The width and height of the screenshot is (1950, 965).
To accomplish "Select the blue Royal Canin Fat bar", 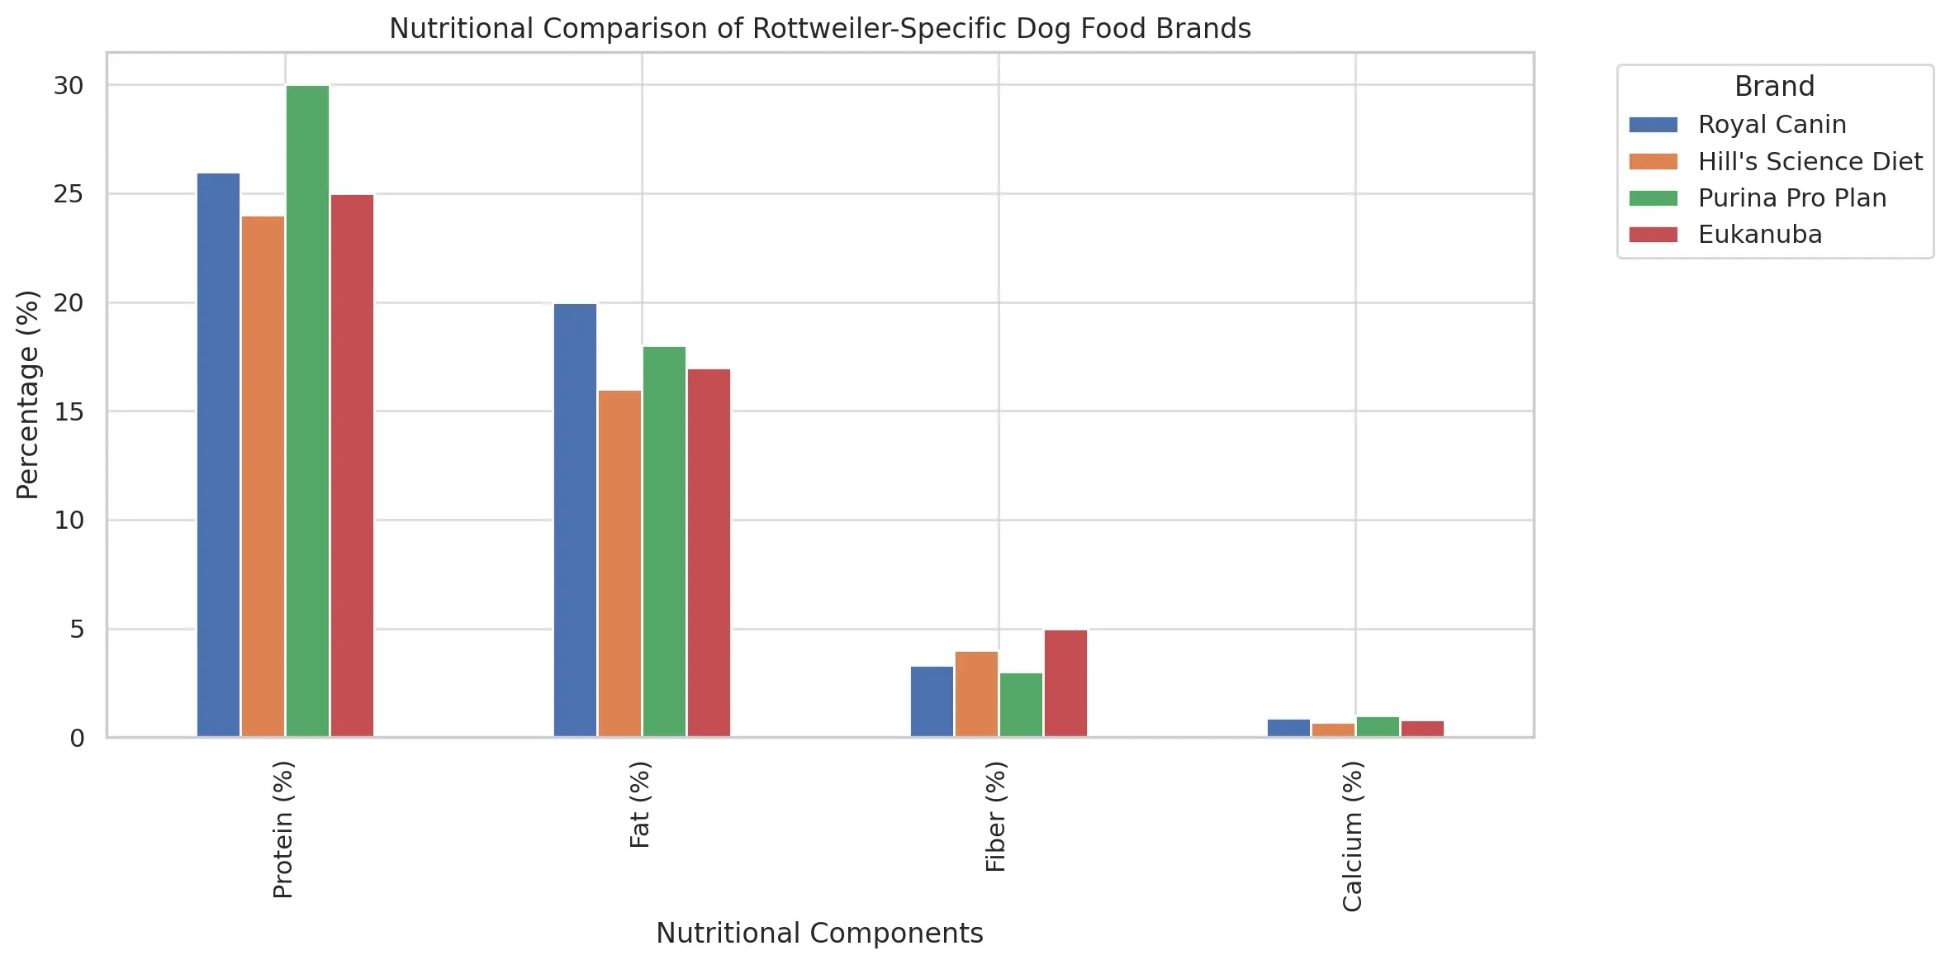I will coord(575,520).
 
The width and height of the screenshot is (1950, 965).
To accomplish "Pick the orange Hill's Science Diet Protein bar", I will coord(263,476).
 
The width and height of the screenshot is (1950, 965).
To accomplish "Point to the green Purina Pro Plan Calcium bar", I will coord(1378,726).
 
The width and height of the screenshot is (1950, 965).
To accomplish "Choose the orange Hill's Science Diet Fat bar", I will coord(619,563).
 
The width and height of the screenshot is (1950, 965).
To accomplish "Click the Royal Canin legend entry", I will coord(1772,125).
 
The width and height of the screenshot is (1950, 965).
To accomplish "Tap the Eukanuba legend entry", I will coord(1759,235).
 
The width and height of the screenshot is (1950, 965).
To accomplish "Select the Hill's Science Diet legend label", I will coord(1810,162).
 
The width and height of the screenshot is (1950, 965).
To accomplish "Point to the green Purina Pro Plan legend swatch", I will coord(1653,198).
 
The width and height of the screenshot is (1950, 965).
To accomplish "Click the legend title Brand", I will coord(1774,87).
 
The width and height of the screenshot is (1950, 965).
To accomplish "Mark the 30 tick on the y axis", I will coord(69,86).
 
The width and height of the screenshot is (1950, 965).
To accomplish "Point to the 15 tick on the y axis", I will coord(69,411).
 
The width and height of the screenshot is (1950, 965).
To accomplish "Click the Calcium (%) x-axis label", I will coord(1352,836).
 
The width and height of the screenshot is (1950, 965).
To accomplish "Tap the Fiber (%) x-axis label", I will coord(995,816).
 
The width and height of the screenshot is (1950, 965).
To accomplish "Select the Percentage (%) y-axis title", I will coord(27,395).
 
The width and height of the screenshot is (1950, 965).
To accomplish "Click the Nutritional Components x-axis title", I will coord(819,933).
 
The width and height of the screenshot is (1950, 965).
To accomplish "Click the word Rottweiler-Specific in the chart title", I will coord(880,29).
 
